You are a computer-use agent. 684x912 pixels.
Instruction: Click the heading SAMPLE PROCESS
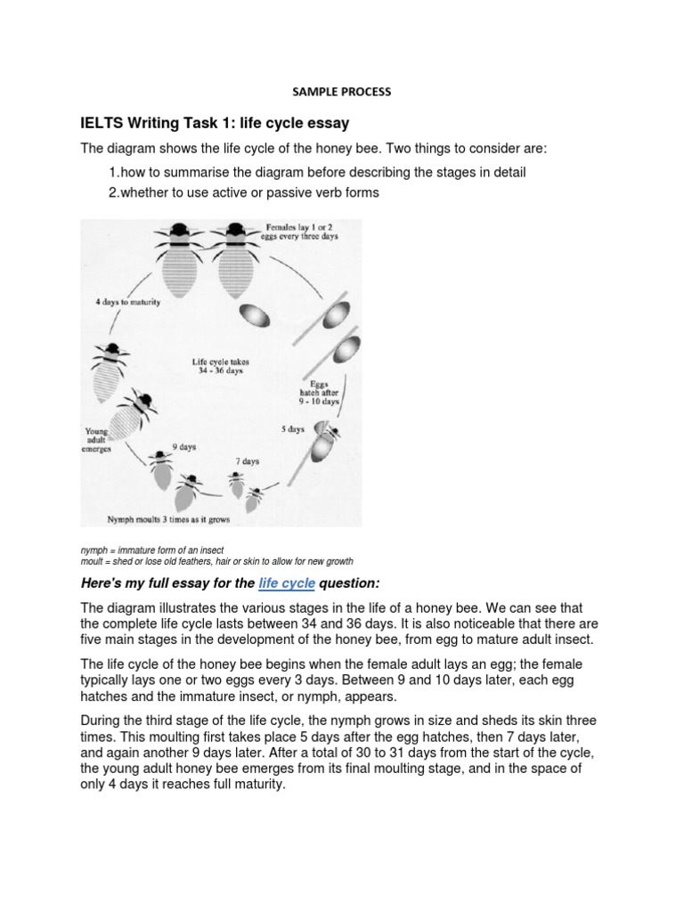pos(343,91)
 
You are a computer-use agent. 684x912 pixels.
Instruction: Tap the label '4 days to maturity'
pos(127,302)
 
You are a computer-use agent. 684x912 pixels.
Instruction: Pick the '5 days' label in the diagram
pos(293,428)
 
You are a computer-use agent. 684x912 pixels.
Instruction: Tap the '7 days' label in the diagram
pos(247,461)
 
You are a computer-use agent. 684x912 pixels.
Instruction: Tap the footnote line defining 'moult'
pos(216,562)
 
